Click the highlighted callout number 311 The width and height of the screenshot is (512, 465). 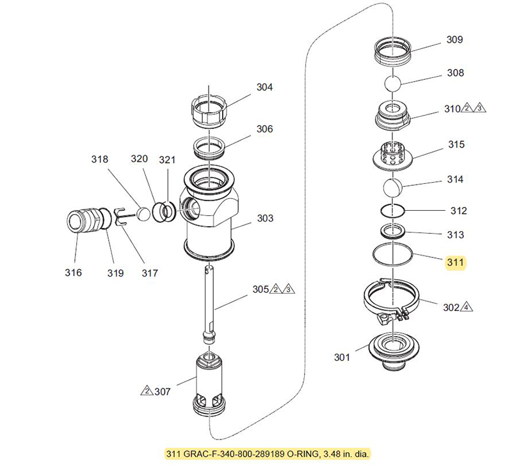(x=455, y=263)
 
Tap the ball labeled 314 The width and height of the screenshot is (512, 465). (x=393, y=188)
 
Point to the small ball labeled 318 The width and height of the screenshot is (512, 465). (x=143, y=214)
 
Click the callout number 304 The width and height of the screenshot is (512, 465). (x=264, y=87)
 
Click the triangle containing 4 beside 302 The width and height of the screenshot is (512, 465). (x=467, y=307)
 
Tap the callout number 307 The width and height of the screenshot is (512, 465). (x=163, y=392)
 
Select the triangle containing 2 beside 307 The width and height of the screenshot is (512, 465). (x=147, y=390)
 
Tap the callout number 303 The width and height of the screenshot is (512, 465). (x=265, y=218)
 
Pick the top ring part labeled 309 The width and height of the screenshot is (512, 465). (x=393, y=51)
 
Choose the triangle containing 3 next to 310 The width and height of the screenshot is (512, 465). (x=479, y=108)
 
